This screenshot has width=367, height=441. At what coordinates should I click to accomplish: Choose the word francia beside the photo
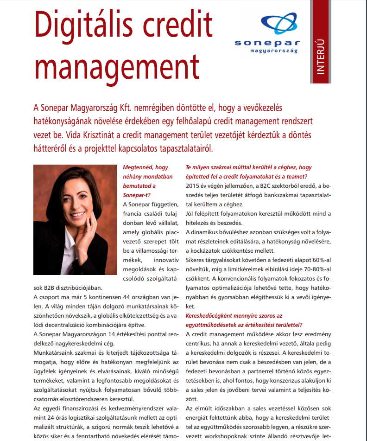[x=134, y=214]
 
